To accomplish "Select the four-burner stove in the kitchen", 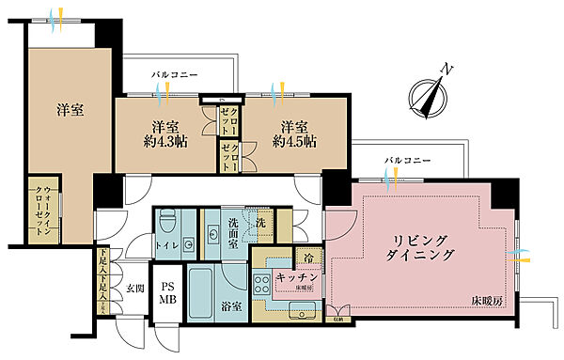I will coord(258,284).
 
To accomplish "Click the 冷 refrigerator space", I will coord(307,256).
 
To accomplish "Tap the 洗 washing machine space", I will coord(264,227).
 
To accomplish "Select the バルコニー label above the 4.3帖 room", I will coord(173,73).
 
